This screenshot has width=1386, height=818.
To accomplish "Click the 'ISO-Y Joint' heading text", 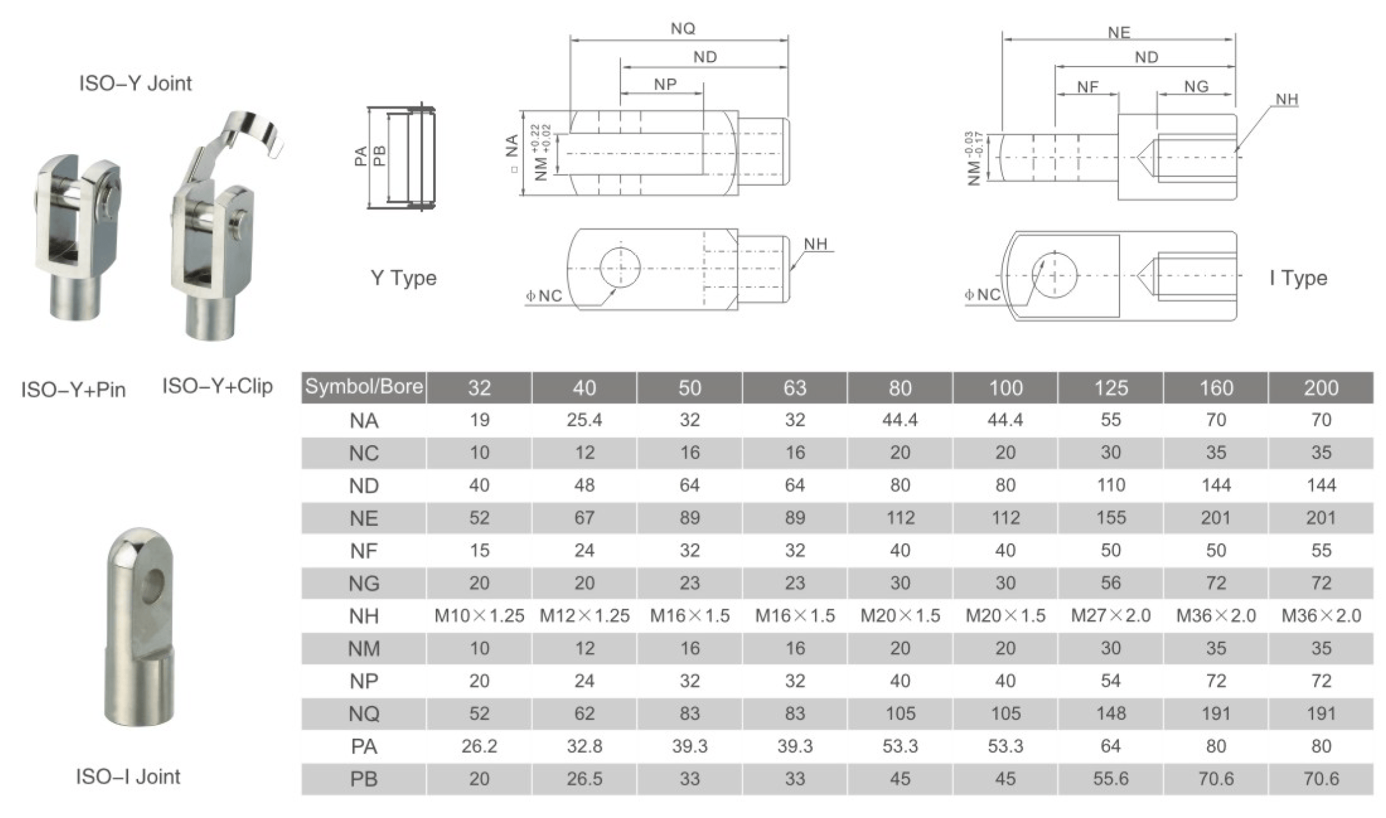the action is (x=135, y=83).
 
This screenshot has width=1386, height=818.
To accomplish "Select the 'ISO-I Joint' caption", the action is (x=128, y=776).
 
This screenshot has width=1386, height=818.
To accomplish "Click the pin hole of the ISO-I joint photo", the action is (x=153, y=583).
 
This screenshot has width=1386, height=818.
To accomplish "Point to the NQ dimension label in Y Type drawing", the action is (x=683, y=29).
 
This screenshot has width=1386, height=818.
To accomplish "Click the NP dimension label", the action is (x=665, y=84).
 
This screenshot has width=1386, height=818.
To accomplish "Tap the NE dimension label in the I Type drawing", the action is (x=1119, y=32).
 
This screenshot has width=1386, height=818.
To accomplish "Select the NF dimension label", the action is (x=1088, y=87).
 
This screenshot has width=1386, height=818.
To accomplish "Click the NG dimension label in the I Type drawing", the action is (x=1196, y=86).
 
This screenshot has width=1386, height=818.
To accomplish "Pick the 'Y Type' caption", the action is (x=403, y=278).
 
